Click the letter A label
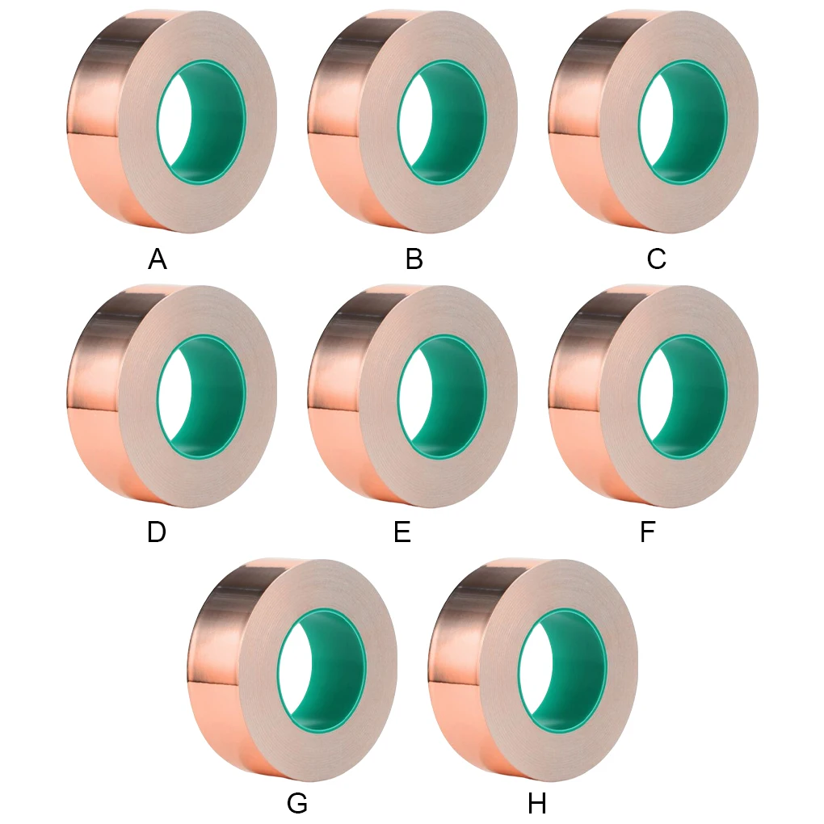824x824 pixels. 158,259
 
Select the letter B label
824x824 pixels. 414,259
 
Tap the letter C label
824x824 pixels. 656,259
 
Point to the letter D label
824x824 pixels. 157,533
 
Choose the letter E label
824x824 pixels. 402,533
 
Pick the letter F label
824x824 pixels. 647,533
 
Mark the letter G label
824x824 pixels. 297,805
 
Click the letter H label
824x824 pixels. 537,805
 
